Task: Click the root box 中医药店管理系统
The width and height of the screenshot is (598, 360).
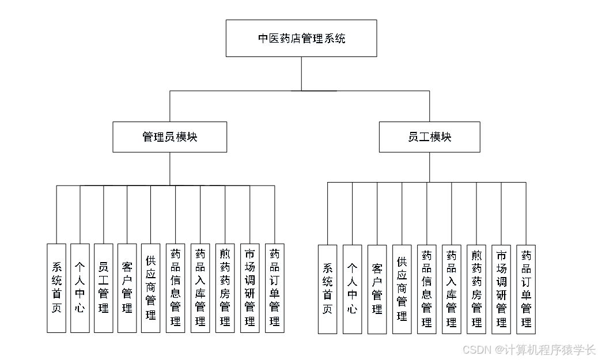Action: [x=301, y=38]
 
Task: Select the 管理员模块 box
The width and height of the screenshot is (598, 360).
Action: [x=169, y=137]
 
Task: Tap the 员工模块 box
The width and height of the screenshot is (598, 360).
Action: [x=429, y=137]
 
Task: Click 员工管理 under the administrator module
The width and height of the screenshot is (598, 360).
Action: [x=104, y=288]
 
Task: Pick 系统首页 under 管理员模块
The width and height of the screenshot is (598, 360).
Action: [x=56, y=288]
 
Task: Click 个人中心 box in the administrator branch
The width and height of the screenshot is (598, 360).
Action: [x=80, y=288]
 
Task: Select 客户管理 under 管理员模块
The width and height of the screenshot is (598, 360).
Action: [x=127, y=288]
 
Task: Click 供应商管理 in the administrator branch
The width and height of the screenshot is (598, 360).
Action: [x=151, y=288]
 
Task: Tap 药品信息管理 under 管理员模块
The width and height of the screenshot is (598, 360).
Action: [x=175, y=288]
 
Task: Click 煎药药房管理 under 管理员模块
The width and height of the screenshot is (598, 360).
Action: [x=225, y=288]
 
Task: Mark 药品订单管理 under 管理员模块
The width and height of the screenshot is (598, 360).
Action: [x=274, y=288]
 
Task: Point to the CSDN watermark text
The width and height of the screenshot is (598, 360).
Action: [x=528, y=350]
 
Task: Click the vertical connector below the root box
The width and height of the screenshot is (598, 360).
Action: [x=301, y=74]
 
